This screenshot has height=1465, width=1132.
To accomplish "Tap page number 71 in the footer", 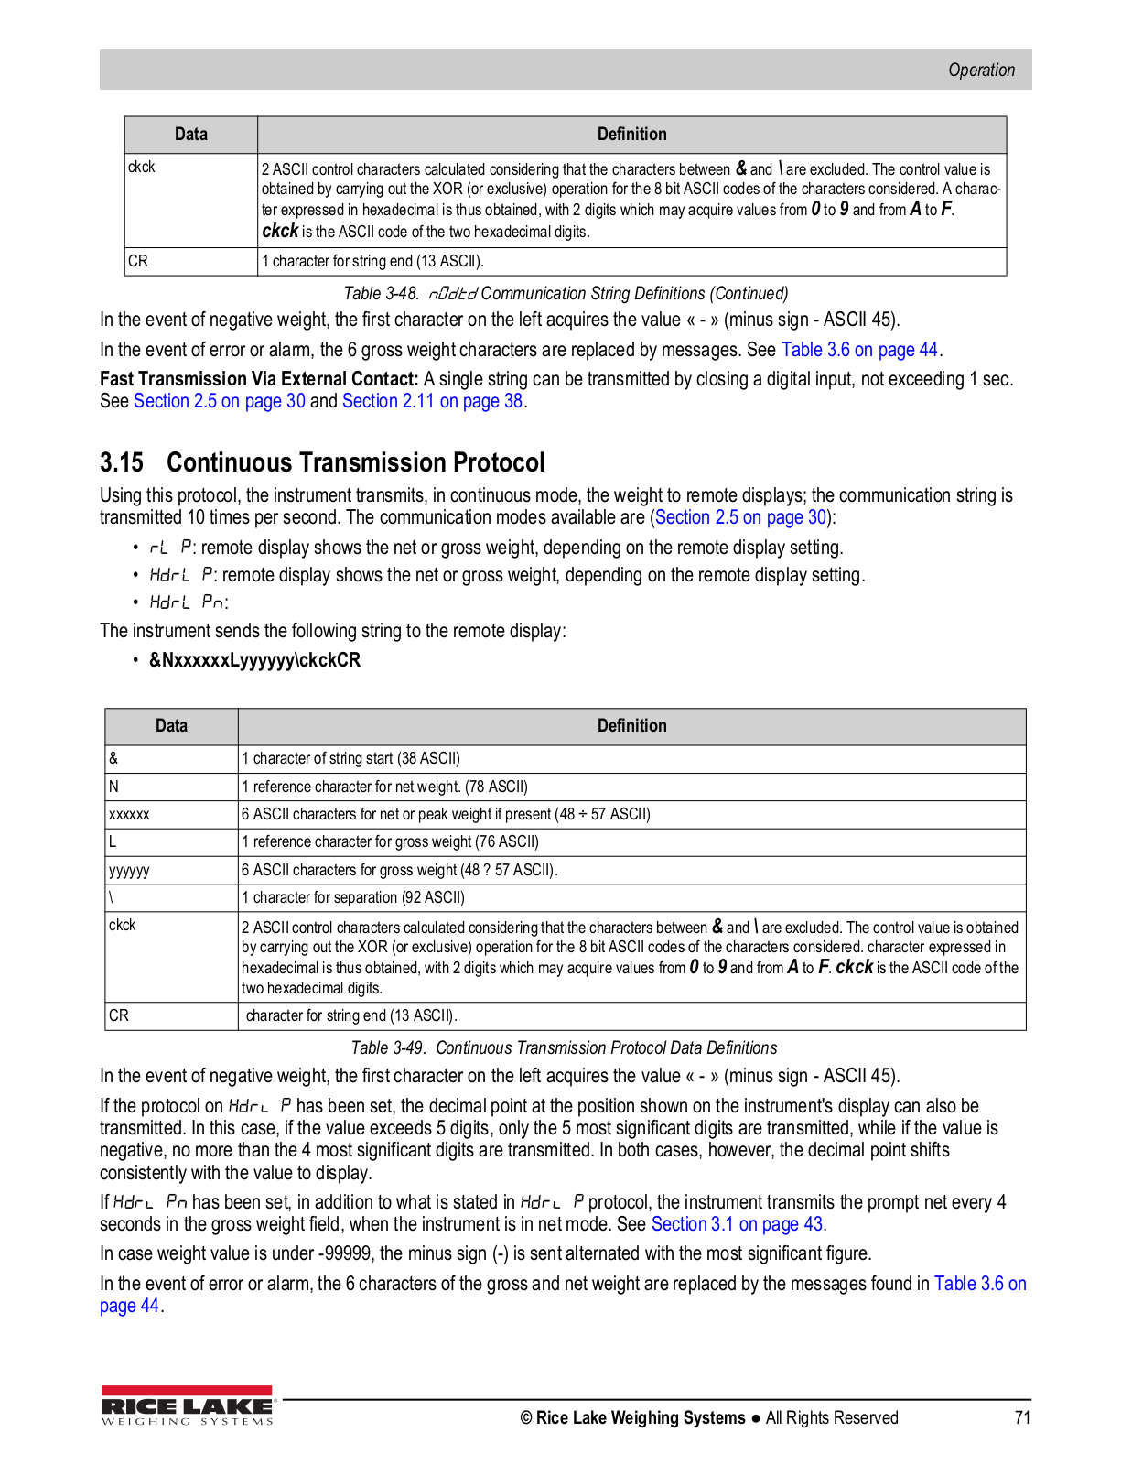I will (x=1022, y=1417).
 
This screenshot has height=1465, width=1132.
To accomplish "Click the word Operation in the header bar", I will (x=981, y=71).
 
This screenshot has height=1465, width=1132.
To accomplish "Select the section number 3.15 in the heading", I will (x=122, y=462).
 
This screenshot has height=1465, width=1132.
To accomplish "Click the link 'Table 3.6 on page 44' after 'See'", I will (x=859, y=350).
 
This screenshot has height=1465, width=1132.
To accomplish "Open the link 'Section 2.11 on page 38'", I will (x=432, y=401).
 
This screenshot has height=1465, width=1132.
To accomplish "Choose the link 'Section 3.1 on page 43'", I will (x=737, y=1224).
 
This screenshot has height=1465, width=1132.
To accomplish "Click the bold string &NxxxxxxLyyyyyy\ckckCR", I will (x=254, y=660).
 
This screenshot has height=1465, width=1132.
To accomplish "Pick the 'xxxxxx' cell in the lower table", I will (x=129, y=814).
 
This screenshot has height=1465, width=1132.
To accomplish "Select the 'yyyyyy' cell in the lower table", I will (x=129, y=870).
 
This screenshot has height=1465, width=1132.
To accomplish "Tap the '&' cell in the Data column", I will (x=113, y=758).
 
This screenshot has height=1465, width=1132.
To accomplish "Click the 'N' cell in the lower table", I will (x=113, y=787).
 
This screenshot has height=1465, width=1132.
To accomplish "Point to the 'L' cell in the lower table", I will (x=113, y=841).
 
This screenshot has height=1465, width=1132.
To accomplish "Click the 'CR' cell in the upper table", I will (x=138, y=261).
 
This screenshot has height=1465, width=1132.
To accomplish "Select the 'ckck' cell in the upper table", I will (x=142, y=168).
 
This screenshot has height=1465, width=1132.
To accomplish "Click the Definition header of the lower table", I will (x=631, y=726).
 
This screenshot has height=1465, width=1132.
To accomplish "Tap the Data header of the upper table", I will (x=190, y=135).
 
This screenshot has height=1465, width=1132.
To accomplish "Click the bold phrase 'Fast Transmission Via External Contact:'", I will (x=259, y=379).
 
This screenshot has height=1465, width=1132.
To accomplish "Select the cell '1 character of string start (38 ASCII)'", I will (x=350, y=758).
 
